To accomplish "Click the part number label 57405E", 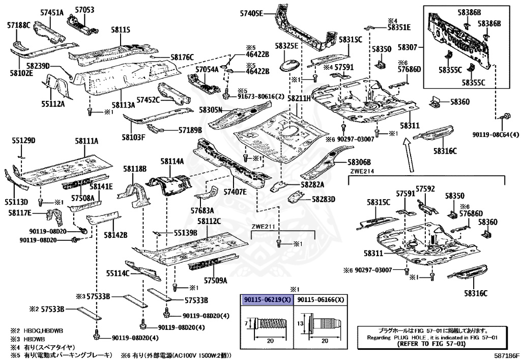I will tap(251, 13).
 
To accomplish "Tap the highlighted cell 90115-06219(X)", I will tap(267, 300).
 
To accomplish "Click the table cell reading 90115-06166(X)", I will tap(321, 300).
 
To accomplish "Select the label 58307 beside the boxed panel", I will tap(408, 47).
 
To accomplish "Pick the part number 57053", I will tap(84, 10).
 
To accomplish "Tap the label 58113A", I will tap(124, 105).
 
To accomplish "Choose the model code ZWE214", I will tap(362, 172).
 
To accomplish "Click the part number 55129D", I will tap(23, 140).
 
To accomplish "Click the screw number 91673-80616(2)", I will tap(255, 95).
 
